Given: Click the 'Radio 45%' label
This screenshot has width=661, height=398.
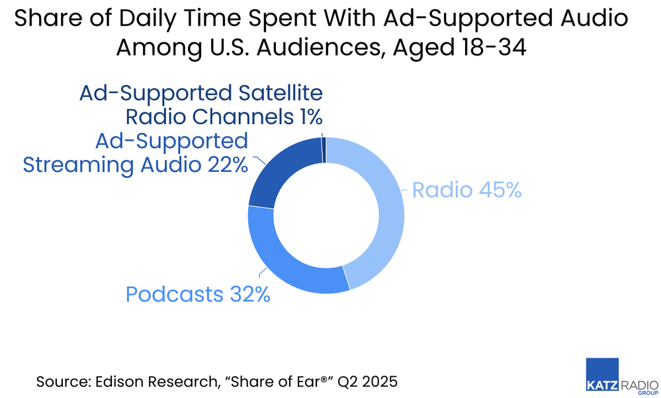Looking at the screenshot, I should click(466, 190).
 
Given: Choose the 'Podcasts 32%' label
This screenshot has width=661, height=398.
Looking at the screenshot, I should click(198, 294).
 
